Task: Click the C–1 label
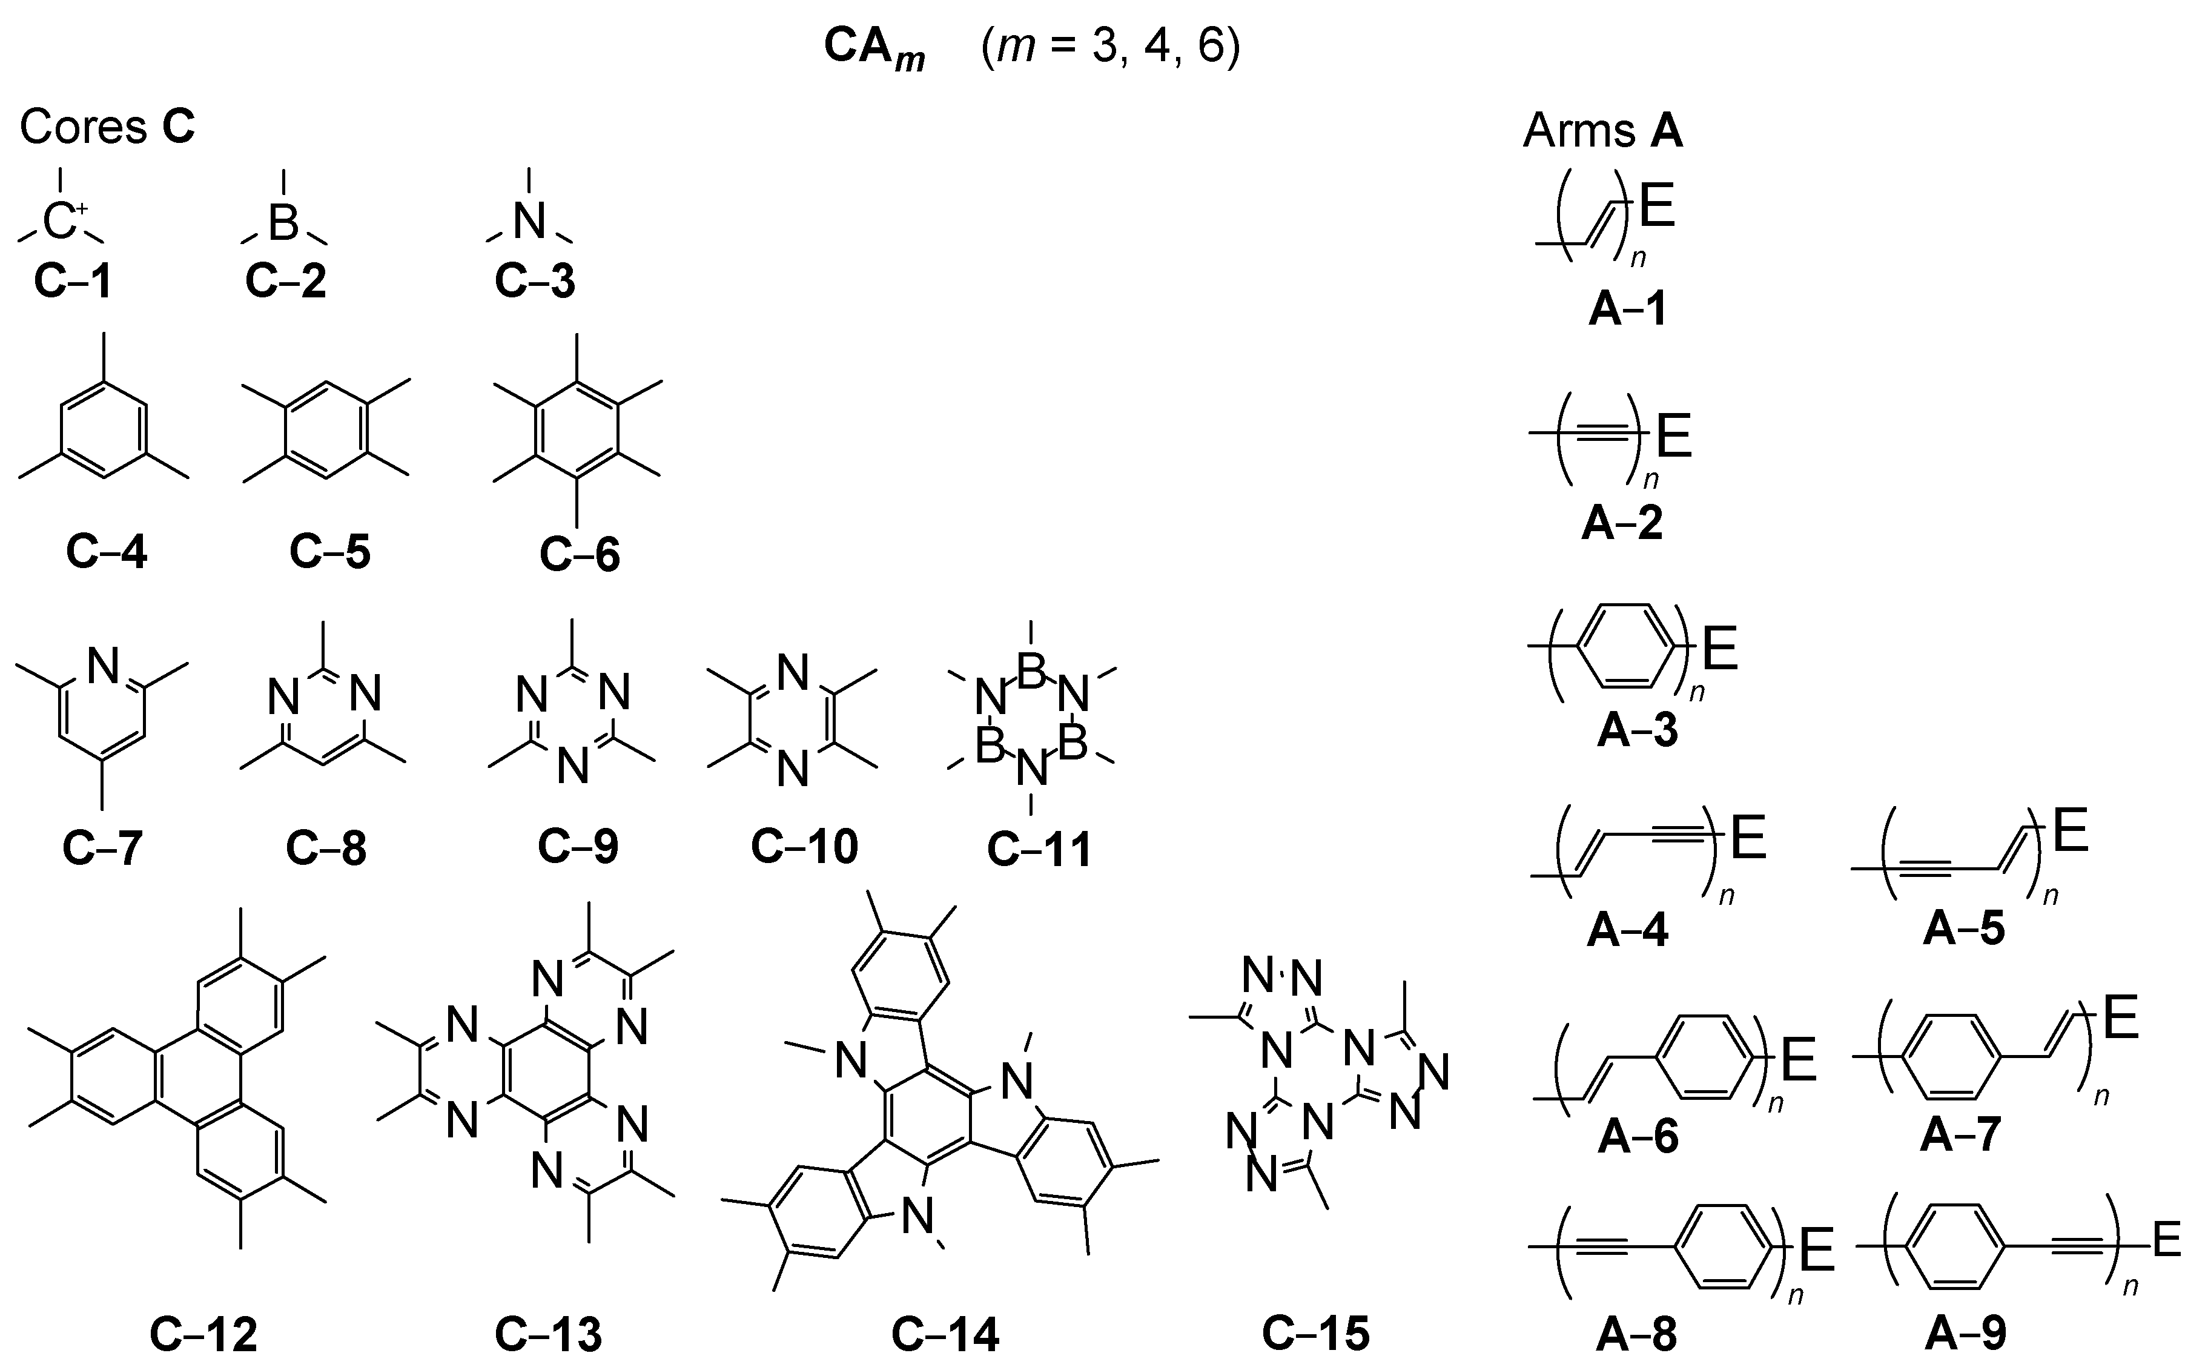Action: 73,281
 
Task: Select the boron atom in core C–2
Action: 283,223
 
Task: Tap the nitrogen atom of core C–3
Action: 530,222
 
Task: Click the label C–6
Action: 579,554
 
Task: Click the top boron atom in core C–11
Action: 1032,673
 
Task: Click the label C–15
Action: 1315,1332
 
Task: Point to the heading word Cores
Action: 82,127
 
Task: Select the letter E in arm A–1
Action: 1655,207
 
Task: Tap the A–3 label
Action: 1638,730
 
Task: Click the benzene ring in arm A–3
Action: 1627,646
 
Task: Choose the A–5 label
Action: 1964,928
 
